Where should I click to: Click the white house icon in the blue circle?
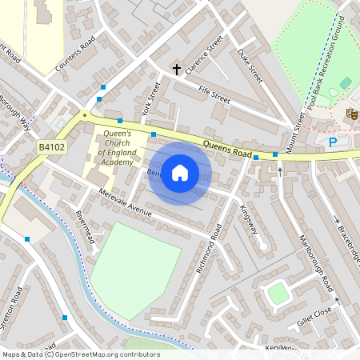click(180, 173)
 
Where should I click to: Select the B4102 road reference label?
click(52, 146)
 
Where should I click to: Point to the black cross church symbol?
click(176, 70)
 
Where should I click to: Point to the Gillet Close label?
click(314, 312)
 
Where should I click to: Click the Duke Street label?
click(250, 66)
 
